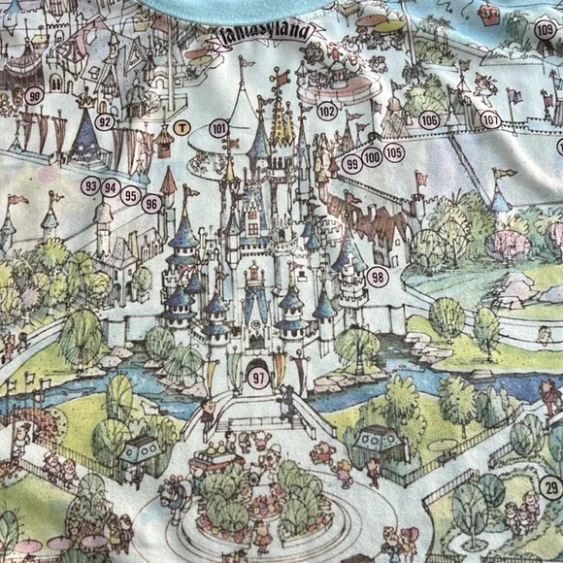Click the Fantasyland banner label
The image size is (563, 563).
[x=265, y=32]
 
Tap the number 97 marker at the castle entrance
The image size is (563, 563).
[x=257, y=380]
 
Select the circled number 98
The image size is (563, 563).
[x=378, y=277]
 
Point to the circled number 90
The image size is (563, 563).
[x=35, y=95]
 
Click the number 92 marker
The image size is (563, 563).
[x=105, y=122]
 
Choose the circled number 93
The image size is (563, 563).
[x=90, y=184]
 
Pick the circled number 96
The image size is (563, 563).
[x=151, y=203]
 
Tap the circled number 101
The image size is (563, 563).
[x=219, y=128]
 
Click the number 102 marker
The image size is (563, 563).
[x=327, y=111]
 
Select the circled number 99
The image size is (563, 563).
[x=352, y=164]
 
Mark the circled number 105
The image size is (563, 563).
[x=393, y=151]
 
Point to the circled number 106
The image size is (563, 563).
[x=429, y=120]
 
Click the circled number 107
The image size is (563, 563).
[x=491, y=120]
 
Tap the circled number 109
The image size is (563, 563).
[x=546, y=30]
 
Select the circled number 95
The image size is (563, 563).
[x=131, y=195]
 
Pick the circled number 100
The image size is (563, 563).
[x=372, y=157]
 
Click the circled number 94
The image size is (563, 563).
[x=111, y=188]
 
